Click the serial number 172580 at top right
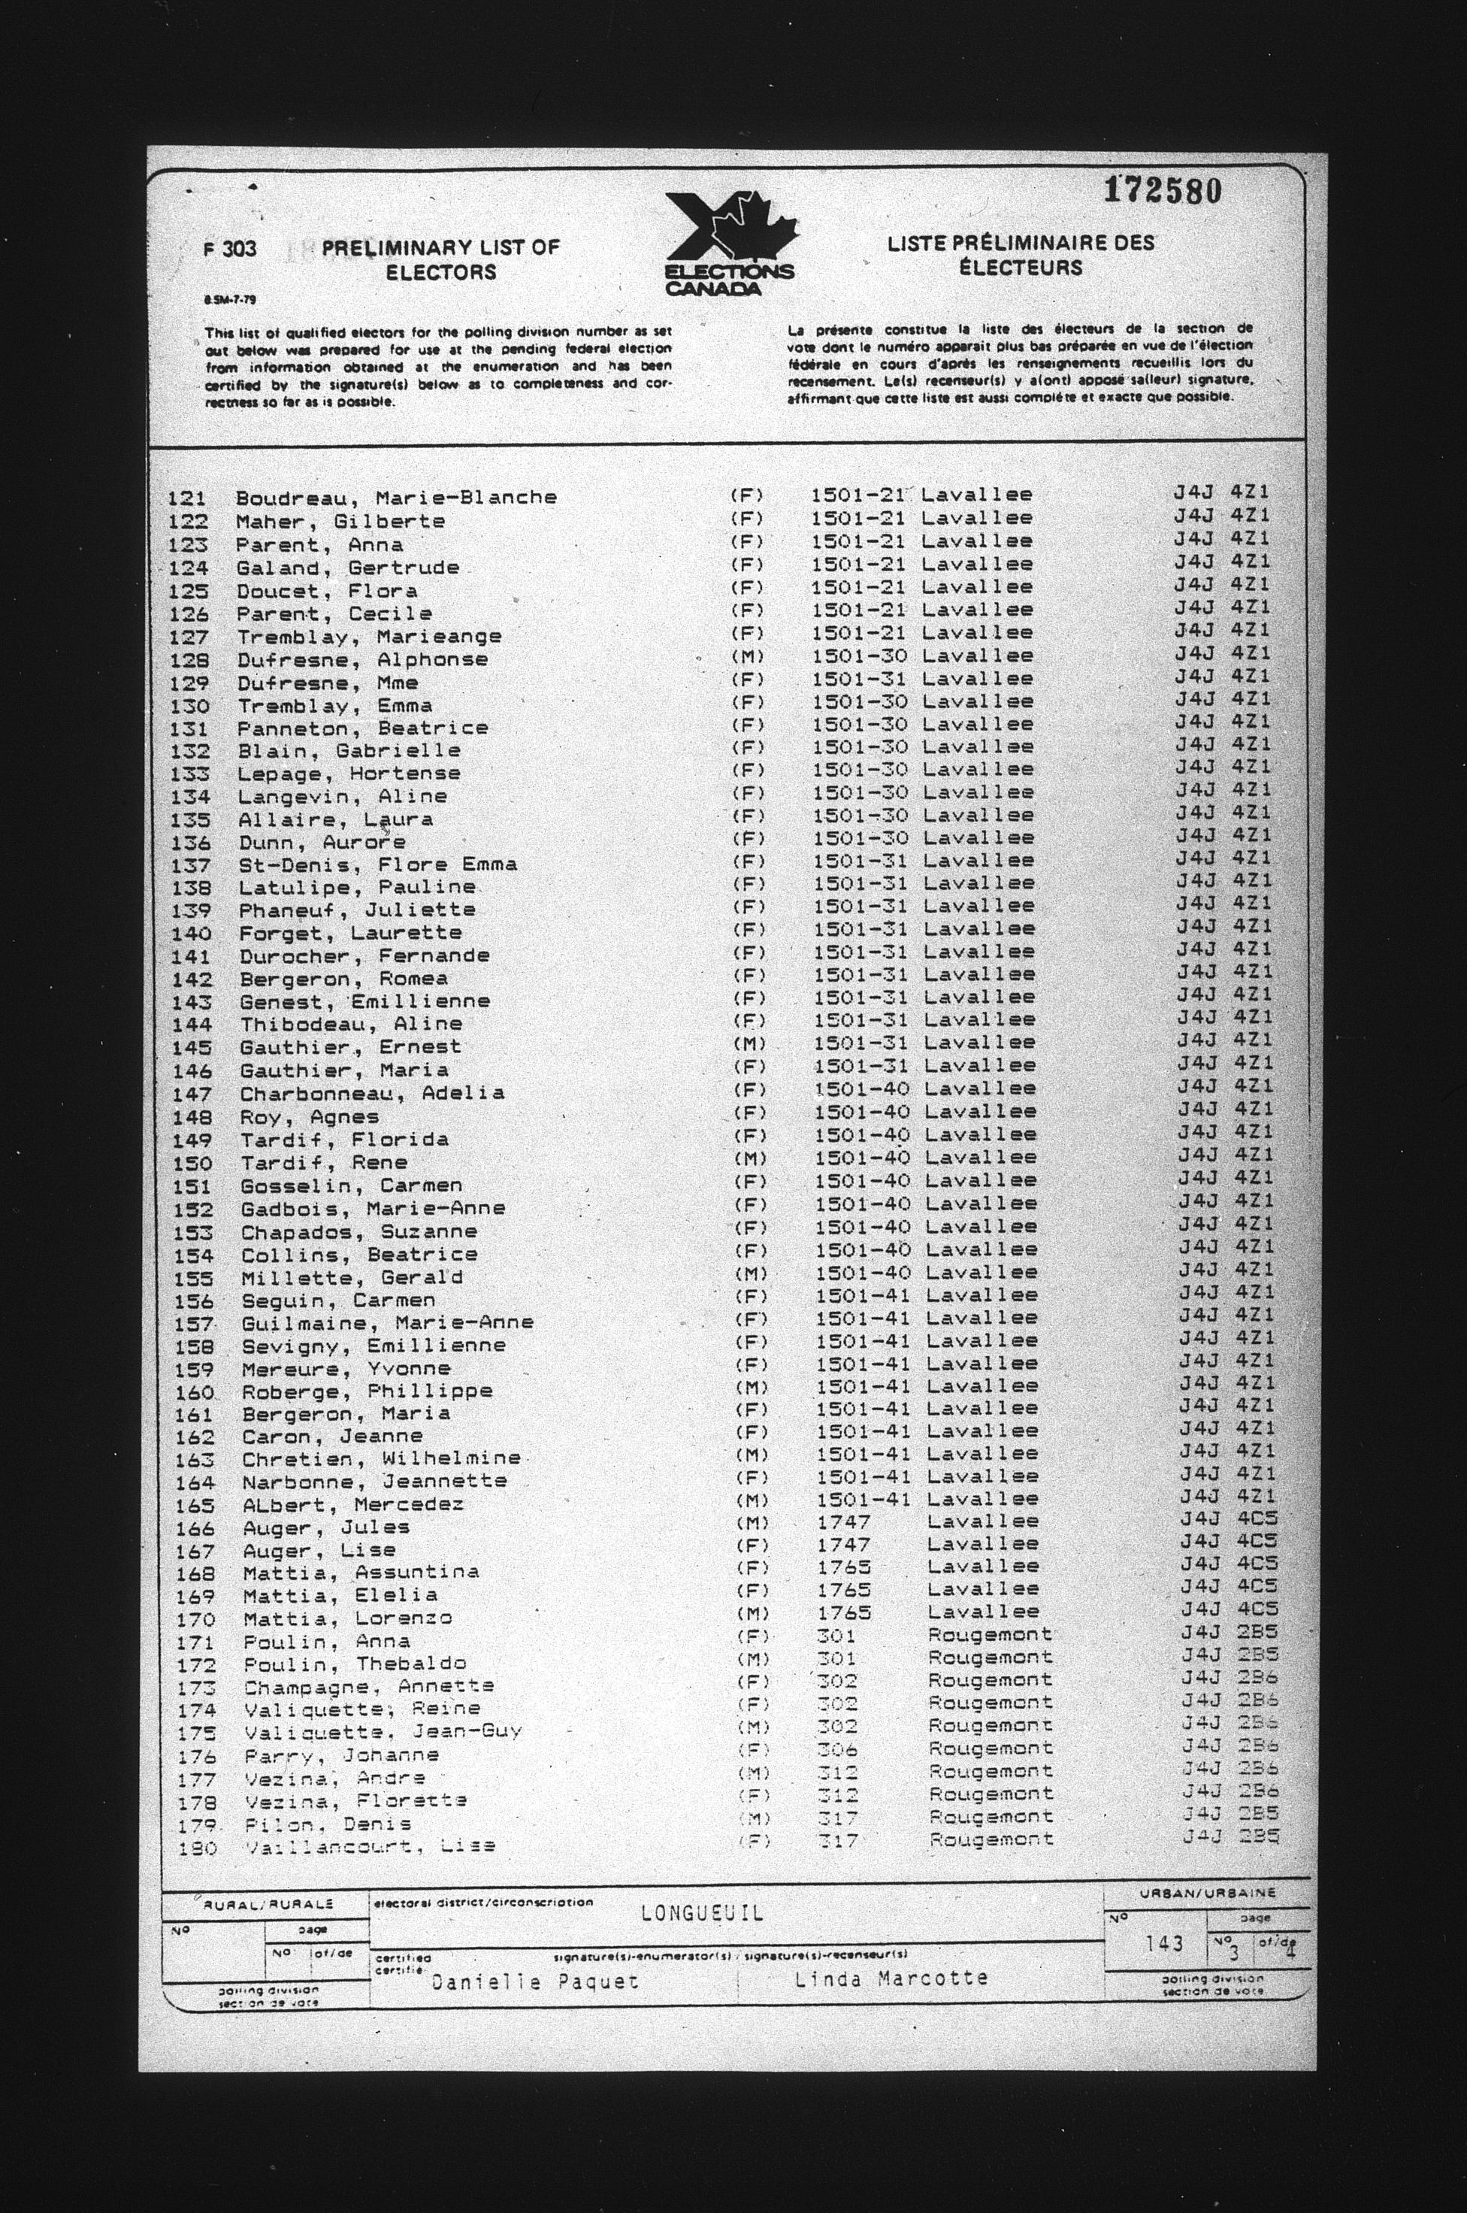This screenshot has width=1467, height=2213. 1162,192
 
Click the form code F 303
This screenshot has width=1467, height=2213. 229,249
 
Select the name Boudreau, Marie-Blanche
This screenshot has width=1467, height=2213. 396,498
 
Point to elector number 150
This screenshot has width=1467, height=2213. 194,1163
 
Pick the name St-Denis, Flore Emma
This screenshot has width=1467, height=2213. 377,864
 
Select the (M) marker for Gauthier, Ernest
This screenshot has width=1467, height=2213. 749,1043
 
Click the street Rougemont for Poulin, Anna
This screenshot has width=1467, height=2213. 990,1633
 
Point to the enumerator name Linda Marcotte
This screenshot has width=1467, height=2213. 891,1978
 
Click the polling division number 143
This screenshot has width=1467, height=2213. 1164,1942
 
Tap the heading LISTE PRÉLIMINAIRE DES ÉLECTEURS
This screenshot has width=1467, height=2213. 1021,256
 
